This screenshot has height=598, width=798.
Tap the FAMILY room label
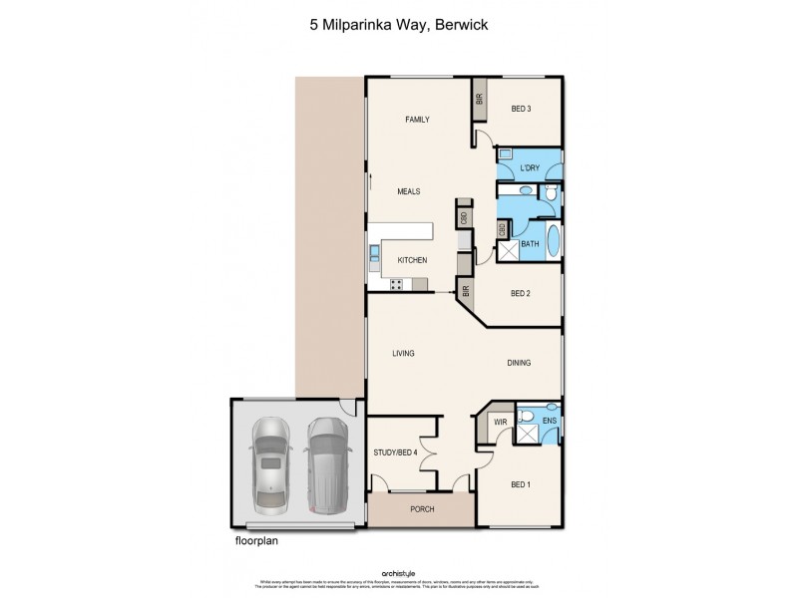click(x=417, y=120)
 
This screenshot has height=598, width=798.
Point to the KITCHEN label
click(x=412, y=260)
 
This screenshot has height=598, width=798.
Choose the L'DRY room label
click(x=529, y=168)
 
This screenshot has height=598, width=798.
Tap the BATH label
click(x=530, y=243)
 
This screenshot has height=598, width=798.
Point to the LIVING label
click(x=403, y=353)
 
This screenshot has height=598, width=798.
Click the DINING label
click(x=518, y=363)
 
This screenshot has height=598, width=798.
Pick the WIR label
click(x=502, y=423)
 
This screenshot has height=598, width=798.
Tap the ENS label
click(x=548, y=423)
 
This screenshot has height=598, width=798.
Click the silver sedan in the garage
click(x=270, y=461)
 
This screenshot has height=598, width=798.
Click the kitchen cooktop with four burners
click(x=395, y=284)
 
